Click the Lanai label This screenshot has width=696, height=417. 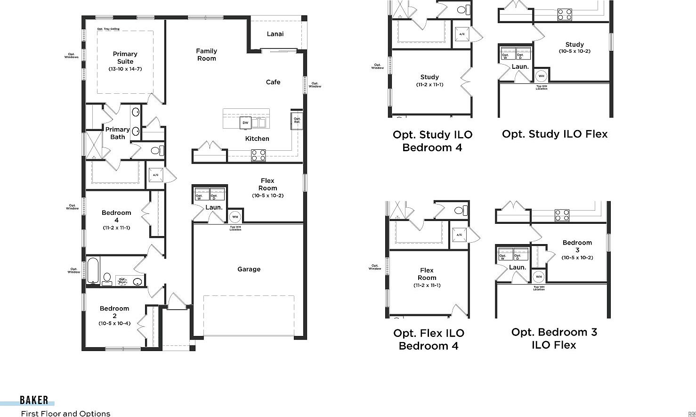275,34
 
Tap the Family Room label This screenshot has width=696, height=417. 207,55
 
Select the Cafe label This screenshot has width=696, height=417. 273,82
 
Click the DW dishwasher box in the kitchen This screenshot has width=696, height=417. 245,123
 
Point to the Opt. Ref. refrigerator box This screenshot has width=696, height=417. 297,121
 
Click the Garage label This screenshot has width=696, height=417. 249,269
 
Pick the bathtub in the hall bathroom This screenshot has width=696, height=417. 93,270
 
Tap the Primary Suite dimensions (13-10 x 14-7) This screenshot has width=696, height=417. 125,69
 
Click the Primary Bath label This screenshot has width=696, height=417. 118,133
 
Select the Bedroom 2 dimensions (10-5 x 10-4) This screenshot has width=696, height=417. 114,323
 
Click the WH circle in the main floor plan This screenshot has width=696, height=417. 235,217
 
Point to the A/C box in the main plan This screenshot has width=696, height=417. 156,175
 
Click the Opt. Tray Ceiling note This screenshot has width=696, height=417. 108,29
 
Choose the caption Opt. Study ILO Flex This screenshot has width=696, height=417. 555,134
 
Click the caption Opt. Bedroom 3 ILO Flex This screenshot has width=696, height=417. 554,338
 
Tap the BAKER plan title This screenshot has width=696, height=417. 34,400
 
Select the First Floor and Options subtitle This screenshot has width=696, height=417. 65,413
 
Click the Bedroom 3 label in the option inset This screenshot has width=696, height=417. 577,246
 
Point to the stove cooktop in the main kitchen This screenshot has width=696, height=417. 258,155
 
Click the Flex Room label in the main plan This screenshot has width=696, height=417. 267,184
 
